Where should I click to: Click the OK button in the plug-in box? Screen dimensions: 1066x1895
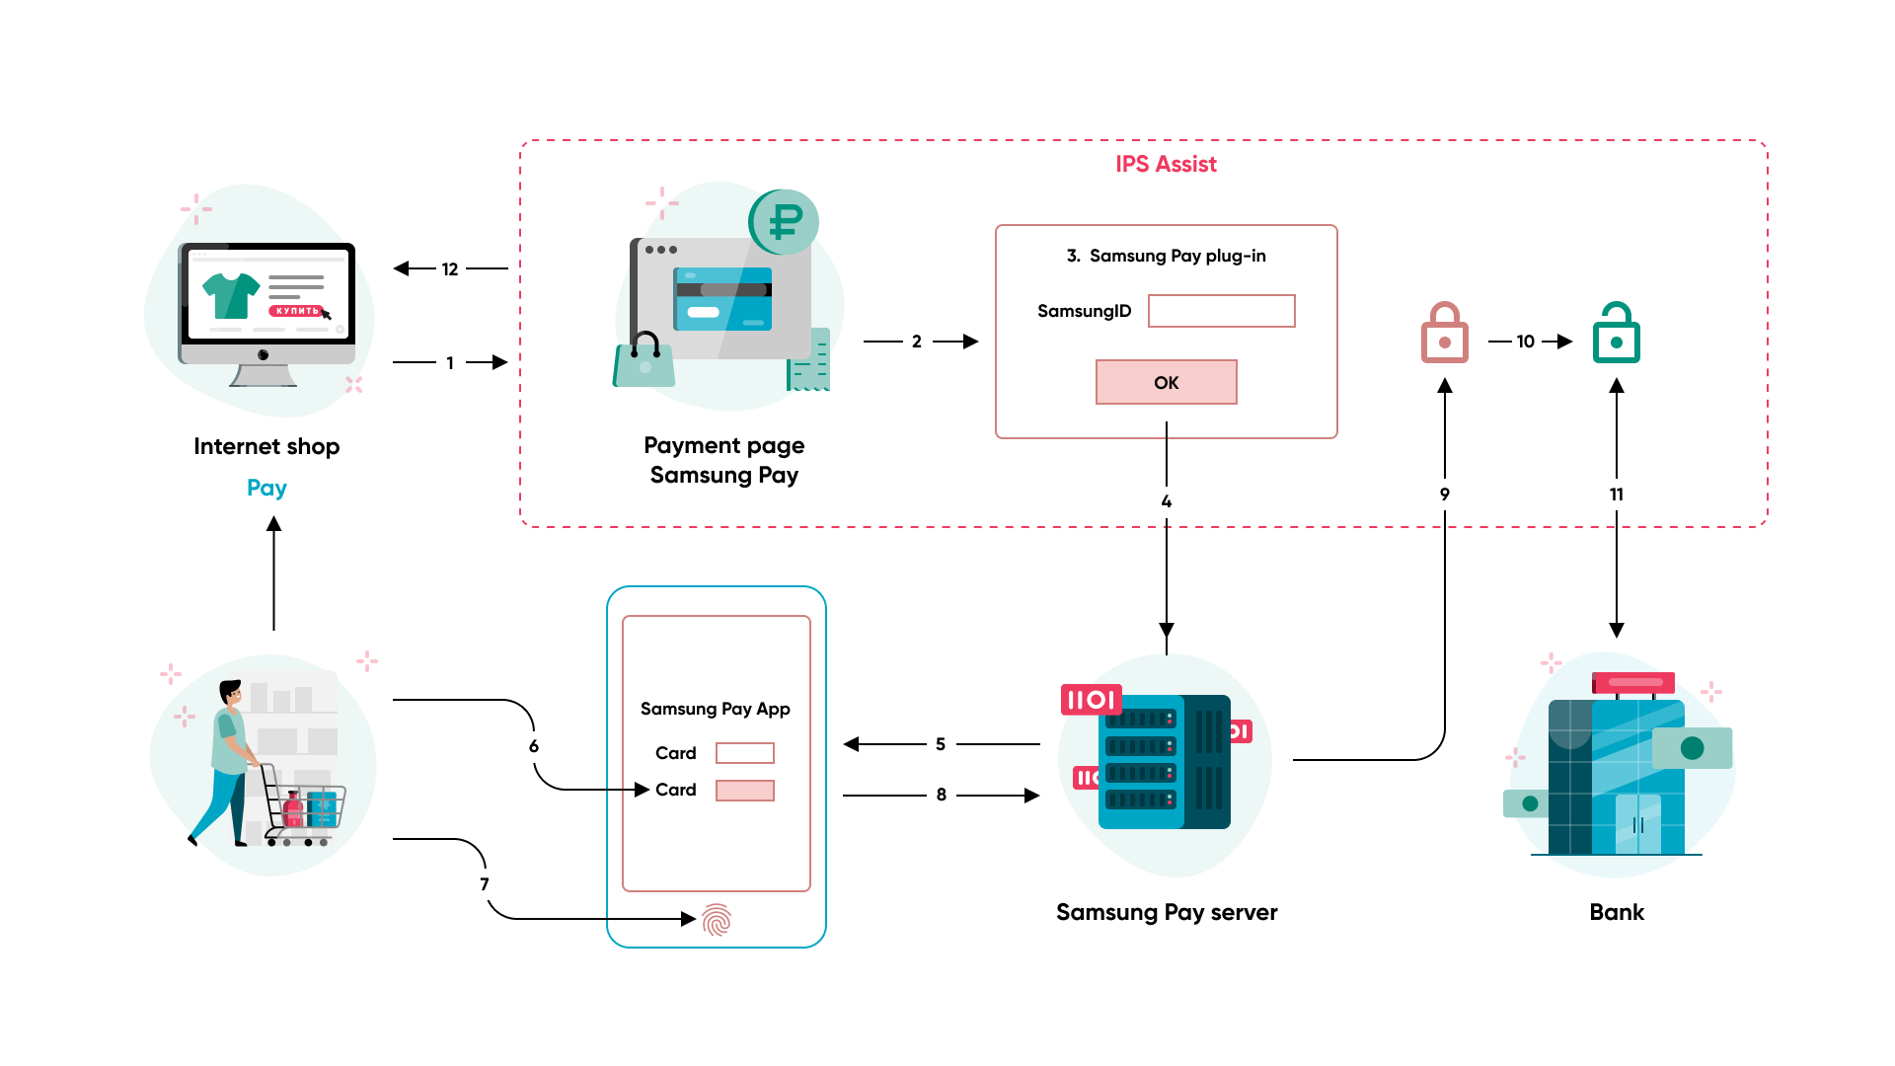click(1166, 382)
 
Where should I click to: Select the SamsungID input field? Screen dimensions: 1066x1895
click(1221, 311)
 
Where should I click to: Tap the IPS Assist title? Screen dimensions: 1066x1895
click(1166, 164)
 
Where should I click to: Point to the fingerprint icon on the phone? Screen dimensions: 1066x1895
click(717, 920)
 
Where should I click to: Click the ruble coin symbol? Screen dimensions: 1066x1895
click(785, 221)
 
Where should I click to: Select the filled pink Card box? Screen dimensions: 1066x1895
click(744, 791)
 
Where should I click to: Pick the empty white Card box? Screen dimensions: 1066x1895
click(744, 753)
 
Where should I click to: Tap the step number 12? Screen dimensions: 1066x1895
click(450, 269)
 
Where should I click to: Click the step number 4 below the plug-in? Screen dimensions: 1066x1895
click(1166, 501)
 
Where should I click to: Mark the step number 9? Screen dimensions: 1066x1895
click(1444, 495)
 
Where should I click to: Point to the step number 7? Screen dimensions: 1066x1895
click(485, 884)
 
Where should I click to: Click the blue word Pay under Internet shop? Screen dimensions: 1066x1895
click(266, 488)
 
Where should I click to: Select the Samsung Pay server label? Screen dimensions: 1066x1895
click(1166, 912)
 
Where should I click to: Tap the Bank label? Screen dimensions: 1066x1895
click(1616, 912)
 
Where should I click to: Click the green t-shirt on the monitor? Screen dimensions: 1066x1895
click(230, 295)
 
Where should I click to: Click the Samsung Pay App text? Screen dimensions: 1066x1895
click(715, 709)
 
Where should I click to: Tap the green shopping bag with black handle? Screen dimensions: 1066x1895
click(644, 364)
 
